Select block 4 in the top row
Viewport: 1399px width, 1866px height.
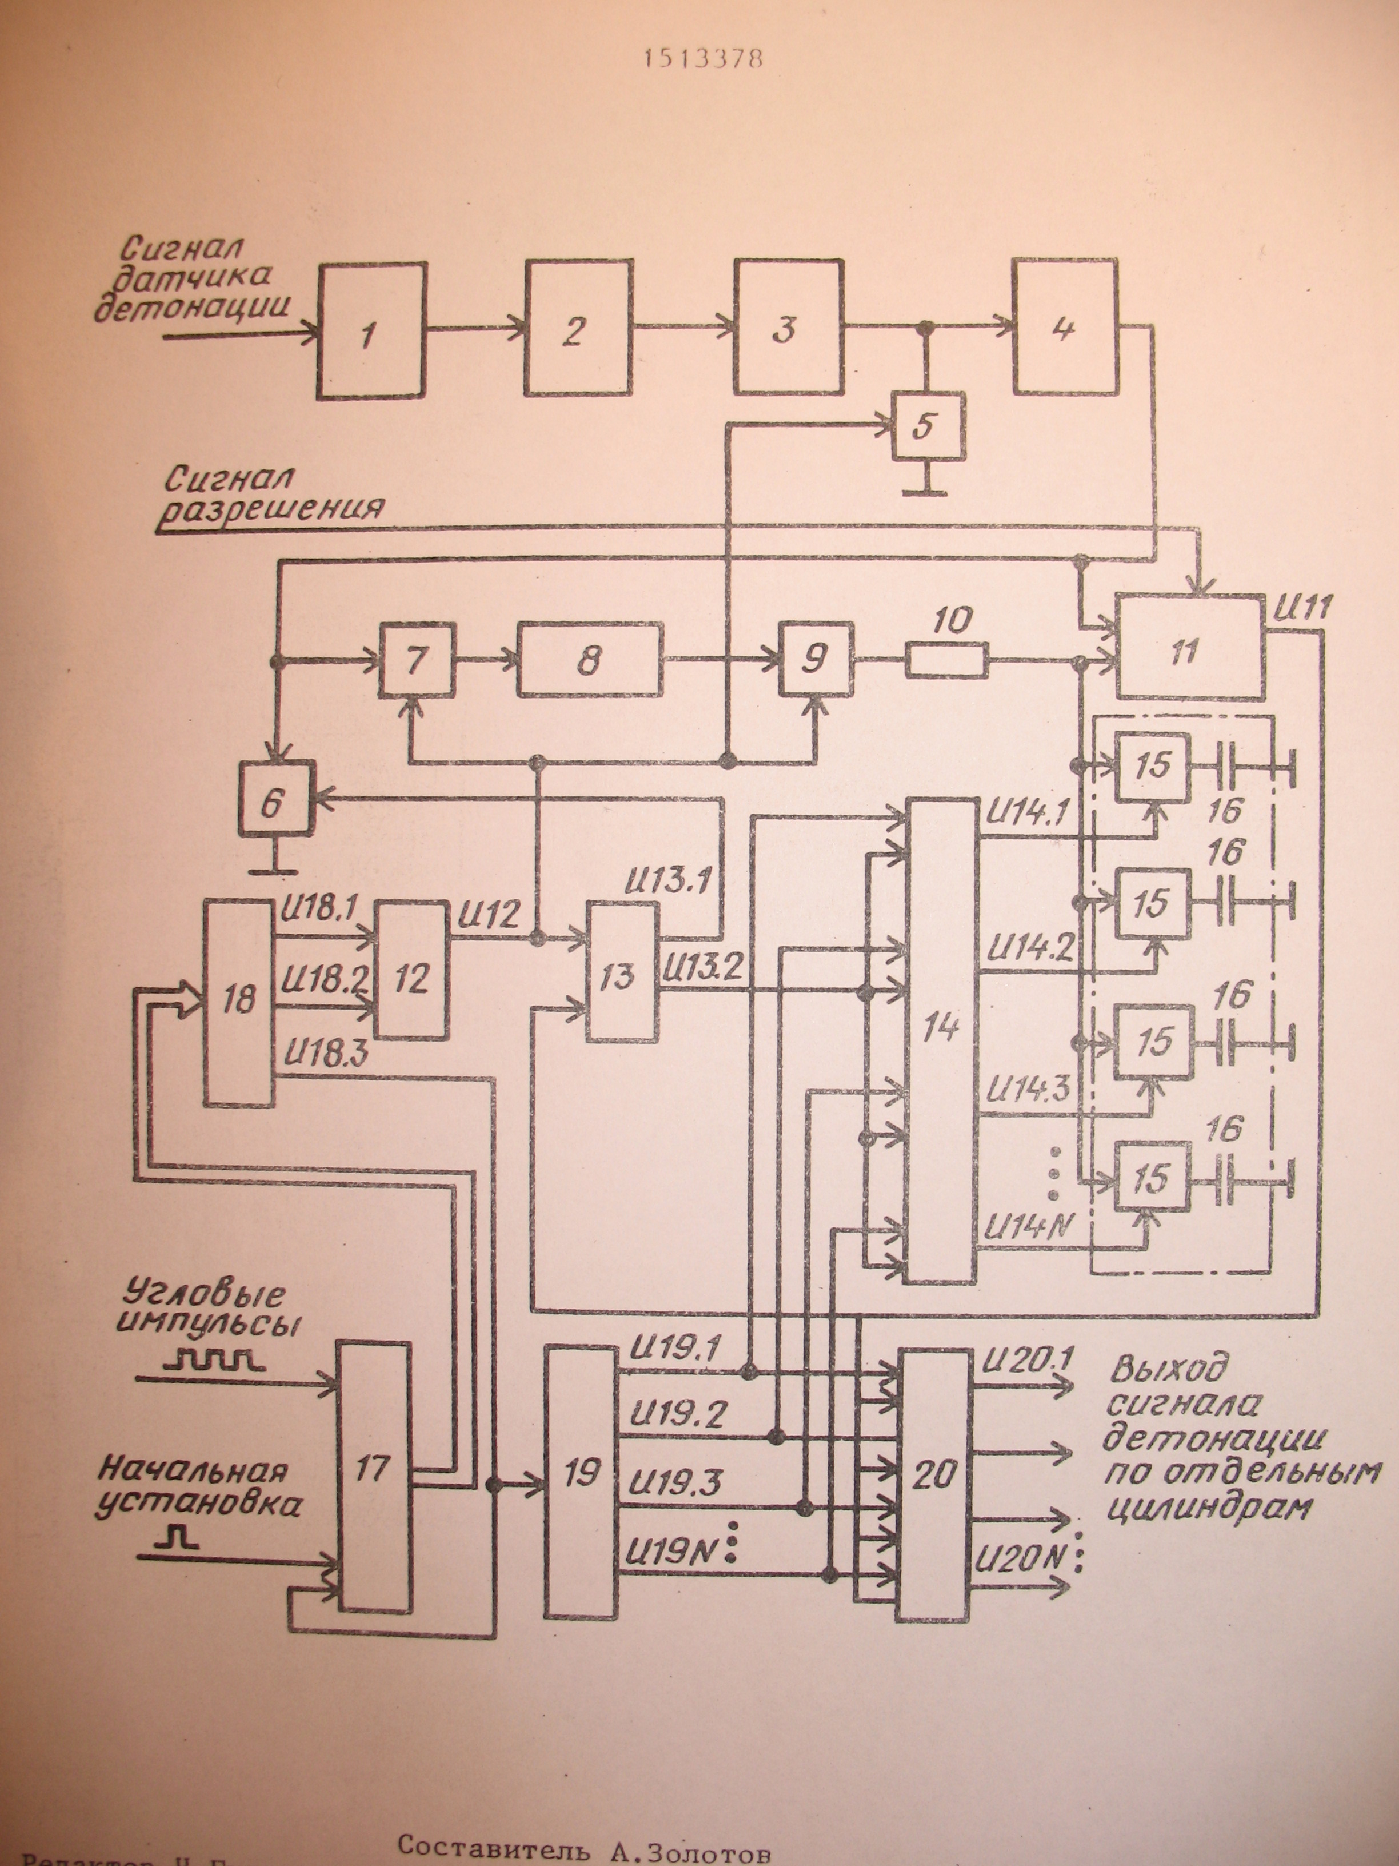pyautogui.click(x=1065, y=328)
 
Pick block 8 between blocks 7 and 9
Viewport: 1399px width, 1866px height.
pyautogui.click(x=589, y=660)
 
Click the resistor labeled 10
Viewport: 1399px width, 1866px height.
pyautogui.click(x=946, y=660)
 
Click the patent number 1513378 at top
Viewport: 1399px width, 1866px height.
pyautogui.click(x=702, y=59)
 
